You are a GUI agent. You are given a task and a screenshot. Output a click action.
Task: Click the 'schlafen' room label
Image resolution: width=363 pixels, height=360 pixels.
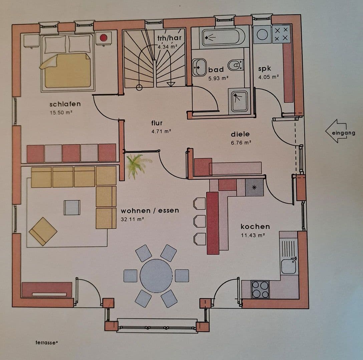[x=65, y=104]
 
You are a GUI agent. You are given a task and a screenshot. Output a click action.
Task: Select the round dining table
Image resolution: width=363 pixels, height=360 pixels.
[x=156, y=276]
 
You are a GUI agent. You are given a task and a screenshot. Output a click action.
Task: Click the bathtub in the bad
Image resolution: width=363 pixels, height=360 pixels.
[x=223, y=37]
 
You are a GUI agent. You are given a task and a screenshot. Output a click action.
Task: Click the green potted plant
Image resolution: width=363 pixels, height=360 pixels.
[x=137, y=164]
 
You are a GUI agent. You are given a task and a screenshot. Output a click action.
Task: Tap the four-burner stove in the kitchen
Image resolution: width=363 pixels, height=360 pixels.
[x=260, y=289]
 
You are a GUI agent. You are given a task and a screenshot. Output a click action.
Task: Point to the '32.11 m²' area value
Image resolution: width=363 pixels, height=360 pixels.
[x=132, y=219]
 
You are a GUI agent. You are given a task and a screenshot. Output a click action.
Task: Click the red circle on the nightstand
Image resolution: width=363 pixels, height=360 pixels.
[x=104, y=38]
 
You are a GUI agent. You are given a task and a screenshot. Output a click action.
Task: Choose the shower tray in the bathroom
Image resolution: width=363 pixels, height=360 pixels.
[x=239, y=100]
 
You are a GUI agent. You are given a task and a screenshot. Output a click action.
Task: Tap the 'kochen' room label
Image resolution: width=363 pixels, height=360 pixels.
[x=255, y=227]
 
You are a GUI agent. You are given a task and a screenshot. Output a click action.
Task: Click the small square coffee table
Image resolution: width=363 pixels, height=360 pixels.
[x=72, y=207]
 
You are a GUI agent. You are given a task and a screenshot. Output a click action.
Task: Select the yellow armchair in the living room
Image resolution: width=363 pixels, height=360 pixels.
[x=43, y=231]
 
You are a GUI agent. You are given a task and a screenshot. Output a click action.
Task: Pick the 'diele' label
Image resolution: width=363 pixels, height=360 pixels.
[x=240, y=134]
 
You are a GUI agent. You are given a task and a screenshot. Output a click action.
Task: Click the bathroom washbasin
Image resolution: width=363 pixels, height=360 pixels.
[x=200, y=67]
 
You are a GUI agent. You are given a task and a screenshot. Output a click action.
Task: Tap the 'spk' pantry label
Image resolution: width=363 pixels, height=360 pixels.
[x=265, y=69]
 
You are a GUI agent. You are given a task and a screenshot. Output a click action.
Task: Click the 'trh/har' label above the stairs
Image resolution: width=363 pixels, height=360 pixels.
[x=169, y=38]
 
